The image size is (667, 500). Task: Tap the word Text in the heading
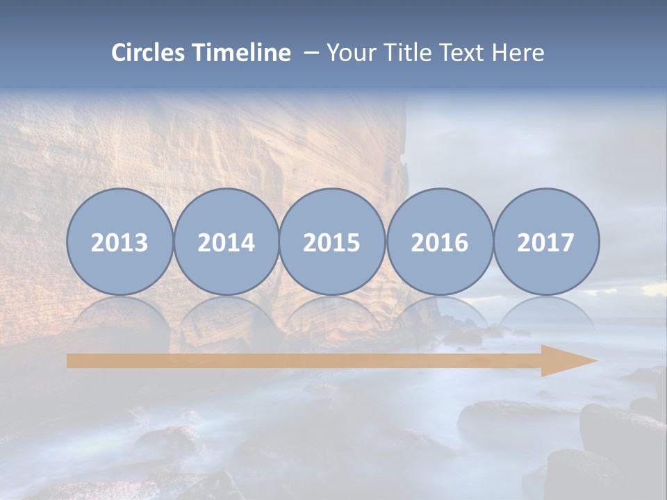461,53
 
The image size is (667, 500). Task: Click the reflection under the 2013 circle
120,316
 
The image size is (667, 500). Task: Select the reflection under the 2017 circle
545,316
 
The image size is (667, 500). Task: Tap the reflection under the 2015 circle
332,316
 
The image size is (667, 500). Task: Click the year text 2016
439,243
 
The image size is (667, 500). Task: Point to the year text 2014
226,243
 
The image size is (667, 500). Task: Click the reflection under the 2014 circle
226,316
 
